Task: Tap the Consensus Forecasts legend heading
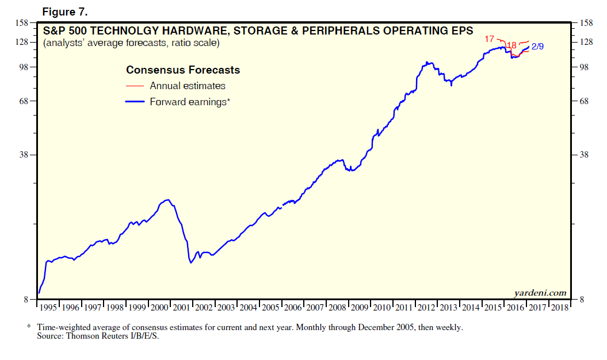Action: click(x=183, y=70)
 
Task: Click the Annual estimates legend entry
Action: click(x=187, y=86)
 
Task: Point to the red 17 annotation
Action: click(x=490, y=39)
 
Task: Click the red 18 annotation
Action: click(x=511, y=45)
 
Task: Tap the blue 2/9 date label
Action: click(x=537, y=47)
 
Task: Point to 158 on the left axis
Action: click(x=21, y=24)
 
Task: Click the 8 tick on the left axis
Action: click(x=26, y=300)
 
